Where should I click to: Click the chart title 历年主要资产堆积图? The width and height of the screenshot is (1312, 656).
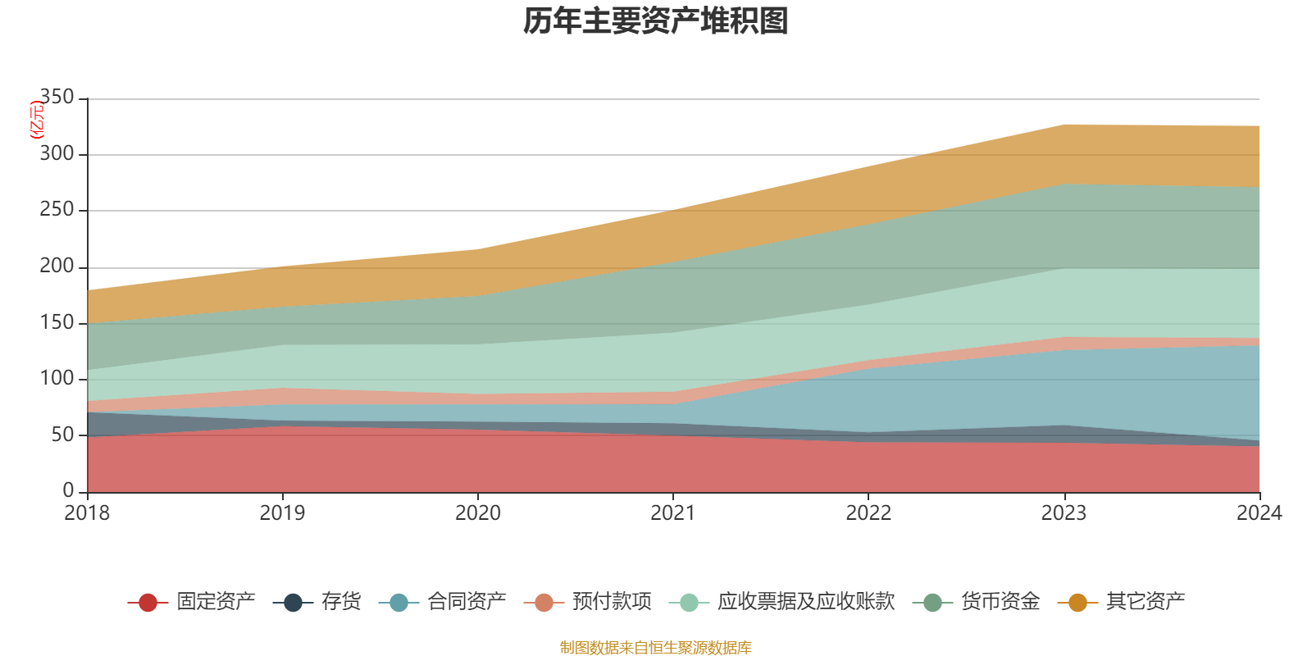(656, 21)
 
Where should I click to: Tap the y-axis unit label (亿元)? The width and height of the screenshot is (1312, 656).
(36, 120)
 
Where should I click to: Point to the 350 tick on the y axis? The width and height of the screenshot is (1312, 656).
(57, 98)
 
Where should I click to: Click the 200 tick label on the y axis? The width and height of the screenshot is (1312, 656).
(57, 266)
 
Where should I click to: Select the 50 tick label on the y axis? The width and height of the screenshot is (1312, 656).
(62, 435)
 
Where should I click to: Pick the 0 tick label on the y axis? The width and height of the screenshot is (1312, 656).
(68, 490)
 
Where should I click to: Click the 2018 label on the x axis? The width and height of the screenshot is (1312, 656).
(87, 513)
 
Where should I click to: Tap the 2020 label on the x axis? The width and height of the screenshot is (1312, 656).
(477, 513)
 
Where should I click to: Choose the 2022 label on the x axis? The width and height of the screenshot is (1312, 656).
(868, 513)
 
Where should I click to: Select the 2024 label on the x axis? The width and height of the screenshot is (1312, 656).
(1259, 513)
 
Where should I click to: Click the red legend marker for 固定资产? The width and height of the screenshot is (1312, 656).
(148, 603)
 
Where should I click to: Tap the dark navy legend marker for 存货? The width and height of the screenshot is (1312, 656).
(293, 603)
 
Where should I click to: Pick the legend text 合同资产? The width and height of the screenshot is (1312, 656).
(467, 602)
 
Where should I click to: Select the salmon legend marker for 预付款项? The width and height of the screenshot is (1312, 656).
(544, 603)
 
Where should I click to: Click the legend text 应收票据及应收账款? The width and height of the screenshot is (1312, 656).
(805, 602)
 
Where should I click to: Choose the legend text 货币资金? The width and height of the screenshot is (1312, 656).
(1000, 602)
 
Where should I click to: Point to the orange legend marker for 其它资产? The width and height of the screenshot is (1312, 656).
(1077, 603)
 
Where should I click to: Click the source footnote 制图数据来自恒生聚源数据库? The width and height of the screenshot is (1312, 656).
(656, 648)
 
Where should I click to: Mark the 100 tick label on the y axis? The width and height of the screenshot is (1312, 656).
(57, 378)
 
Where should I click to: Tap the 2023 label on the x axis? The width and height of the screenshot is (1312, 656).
(1064, 513)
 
